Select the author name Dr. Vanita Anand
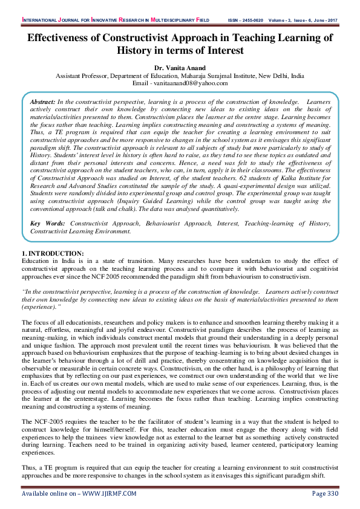point(180,69)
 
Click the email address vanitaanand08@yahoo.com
point(192,83)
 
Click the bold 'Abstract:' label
point(43,103)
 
